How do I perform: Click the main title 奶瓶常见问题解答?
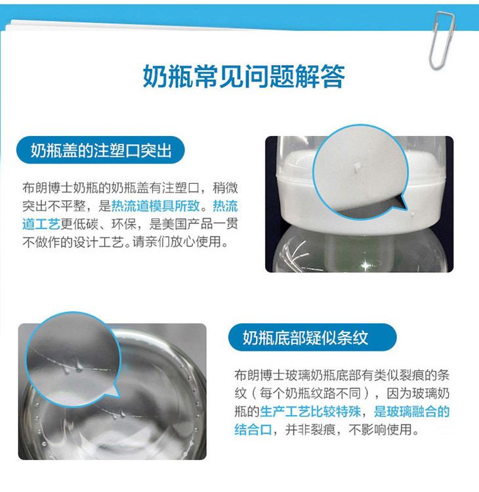pos(244,76)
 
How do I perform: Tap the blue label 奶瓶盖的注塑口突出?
pos(100,150)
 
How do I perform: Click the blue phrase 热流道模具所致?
pos(156,206)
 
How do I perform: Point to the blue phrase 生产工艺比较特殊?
pos(310,412)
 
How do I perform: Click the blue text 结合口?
pos(253,430)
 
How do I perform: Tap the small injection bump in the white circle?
pos(356,168)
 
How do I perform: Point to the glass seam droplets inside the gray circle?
pos(73,366)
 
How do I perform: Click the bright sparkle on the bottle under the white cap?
pos(365,265)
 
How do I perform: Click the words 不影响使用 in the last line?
pos(380,430)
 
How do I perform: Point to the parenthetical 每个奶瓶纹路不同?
pos(310,393)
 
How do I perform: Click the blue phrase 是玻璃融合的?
pos(411,412)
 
